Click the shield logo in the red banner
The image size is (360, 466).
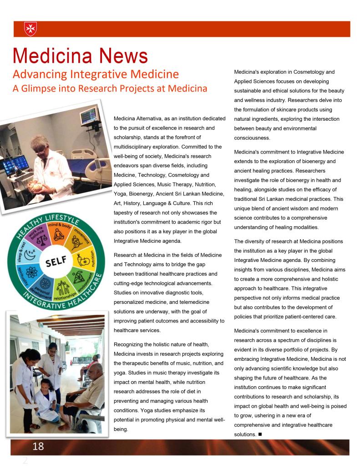click(30, 29)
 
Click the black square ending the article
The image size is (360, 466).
click(259, 434)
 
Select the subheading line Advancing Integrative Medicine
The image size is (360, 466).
click(96, 73)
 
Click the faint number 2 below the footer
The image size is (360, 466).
click(25, 460)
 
